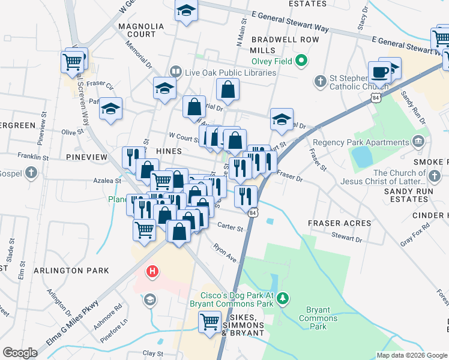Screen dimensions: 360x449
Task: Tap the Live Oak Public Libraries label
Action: tap(230, 73)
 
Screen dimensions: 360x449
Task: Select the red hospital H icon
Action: tap(152, 271)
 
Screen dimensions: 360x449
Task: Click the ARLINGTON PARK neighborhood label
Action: tap(71, 271)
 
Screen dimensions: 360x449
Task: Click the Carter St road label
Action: tap(231, 228)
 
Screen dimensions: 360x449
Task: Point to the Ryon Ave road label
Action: tap(225, 252)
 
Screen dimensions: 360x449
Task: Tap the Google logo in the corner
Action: tap(20, 353)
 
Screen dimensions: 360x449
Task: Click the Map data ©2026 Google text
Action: tap(412, 355)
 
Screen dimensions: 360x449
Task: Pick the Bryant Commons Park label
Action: tap(318, 318)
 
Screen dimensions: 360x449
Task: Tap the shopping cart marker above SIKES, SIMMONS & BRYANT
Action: tap(210, 322)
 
